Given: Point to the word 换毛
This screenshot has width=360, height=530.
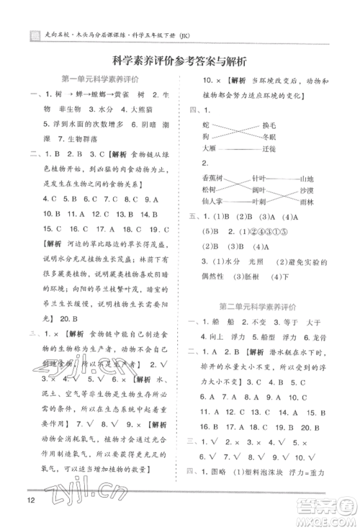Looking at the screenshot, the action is pyautogui.click(x=269, y=125).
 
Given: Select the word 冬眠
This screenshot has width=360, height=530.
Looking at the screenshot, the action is pyautogui.click(x=269, y=136).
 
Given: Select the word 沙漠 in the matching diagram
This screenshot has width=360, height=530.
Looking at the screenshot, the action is pyautogui.click(x=307, y=190).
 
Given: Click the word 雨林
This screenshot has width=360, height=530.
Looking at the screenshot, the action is pyautogui.click(x=307, y=202).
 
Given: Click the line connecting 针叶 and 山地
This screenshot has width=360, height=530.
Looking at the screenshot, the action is pyautogui.click(x=284, y=178).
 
